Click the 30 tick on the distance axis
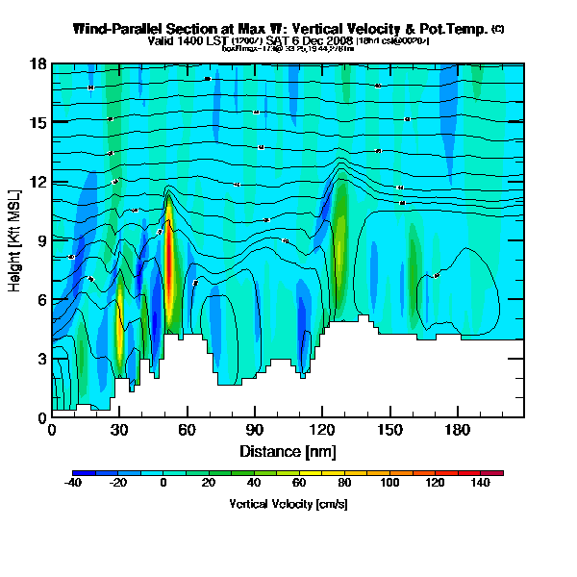tap(119, 429)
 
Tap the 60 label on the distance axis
tap(187, 429)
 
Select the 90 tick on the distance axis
tap(254, 429)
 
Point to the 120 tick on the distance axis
tap(322, 429)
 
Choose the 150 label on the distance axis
tap(389, 429)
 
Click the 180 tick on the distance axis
tap(457, 429)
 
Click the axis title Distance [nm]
tap(288, 450)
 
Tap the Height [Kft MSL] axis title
tap(15, 240)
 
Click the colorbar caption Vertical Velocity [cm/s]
tap(288, 504)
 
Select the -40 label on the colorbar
tap(72, 483)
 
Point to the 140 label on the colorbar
tap(480, 483)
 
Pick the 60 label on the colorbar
tap(299, 483)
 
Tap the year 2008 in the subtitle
tap(338, 41)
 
